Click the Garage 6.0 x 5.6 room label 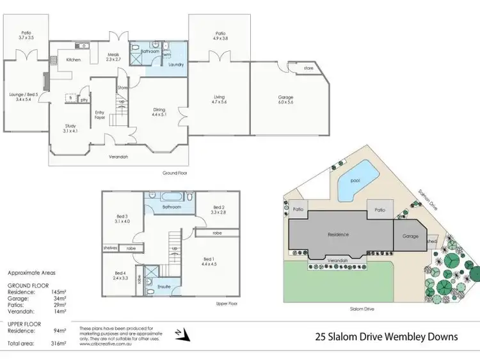pos(285,100)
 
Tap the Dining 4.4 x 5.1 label pos(158,112)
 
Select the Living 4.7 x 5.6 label pos(220,100)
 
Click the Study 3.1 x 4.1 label pos(70,129)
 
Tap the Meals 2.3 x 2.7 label pos(114,57)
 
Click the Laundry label pos(176,65)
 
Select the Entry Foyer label pos(100,115)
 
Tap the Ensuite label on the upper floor pos(164,286)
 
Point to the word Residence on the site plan pos(338,235)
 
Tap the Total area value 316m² pos(58,343)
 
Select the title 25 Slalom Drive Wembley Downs pos(387,337)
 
